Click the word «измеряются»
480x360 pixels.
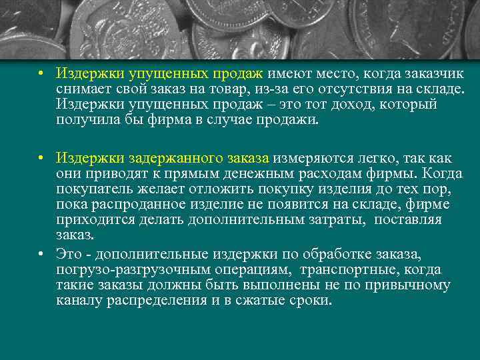click(309, 159)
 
